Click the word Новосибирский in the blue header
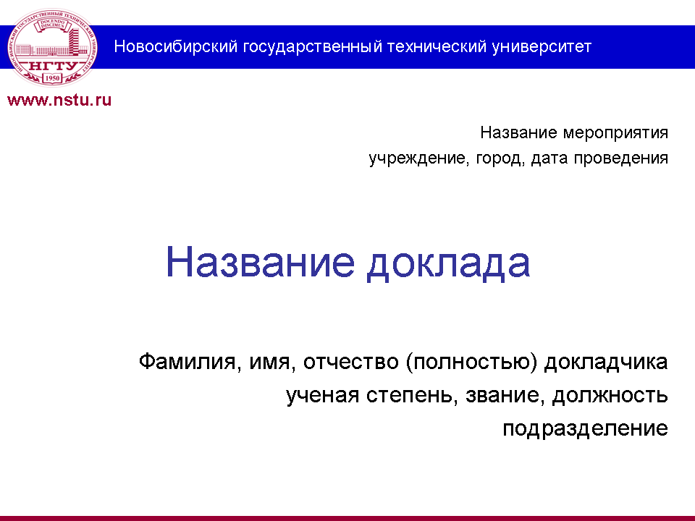(x=176, y=47)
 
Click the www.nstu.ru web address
(x=59, y=100)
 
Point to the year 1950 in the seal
(x=53, y=78)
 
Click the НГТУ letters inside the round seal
(x=53, y=67)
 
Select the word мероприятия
(x=615, y=133)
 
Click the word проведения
(x=621, y=158)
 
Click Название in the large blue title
(x=260, y=262)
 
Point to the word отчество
(x=351, y=363)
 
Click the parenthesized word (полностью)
(x=471, y=363)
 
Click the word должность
(x=610, y=396)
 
